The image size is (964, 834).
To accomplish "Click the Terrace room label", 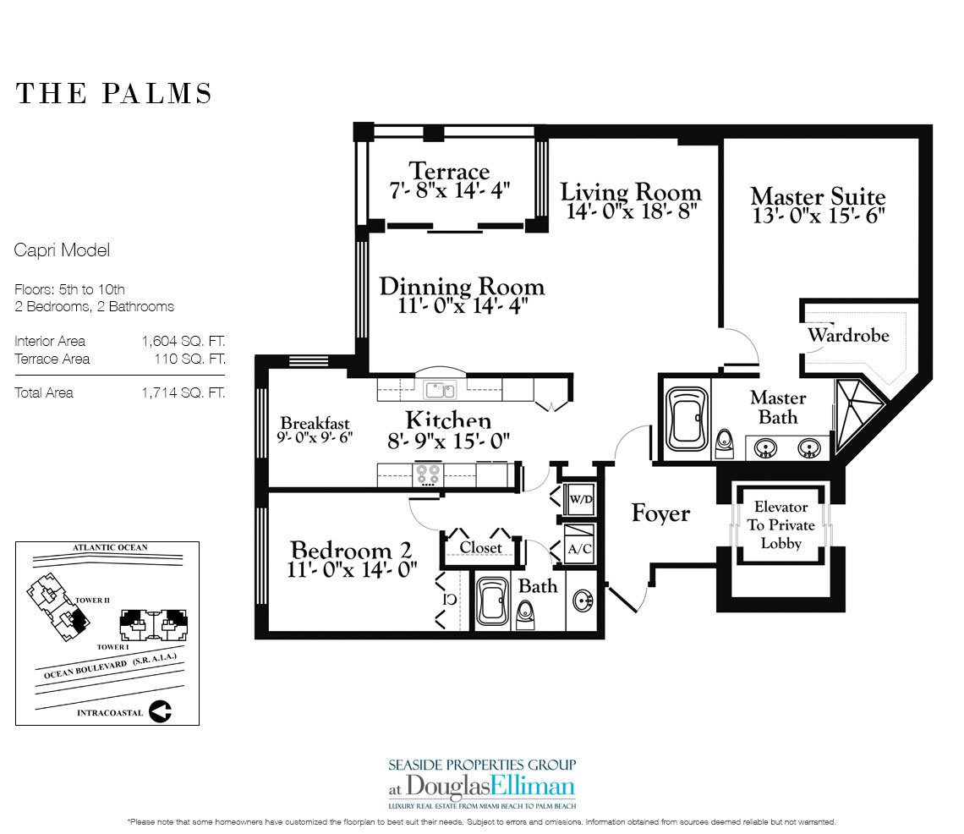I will (449, 170).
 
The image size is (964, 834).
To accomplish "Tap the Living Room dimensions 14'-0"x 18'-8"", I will (631, 211).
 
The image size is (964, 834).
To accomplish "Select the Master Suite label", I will (818, 197).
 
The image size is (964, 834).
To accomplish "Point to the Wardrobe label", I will (847, 335).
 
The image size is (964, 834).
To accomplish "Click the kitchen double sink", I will (439, 390).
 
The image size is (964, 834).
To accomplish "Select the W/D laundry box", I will (580, 500).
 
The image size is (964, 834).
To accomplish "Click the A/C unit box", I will (580, 547).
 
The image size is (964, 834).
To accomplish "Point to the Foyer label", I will (660, 513).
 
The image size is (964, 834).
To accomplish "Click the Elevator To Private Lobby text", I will (781, 525).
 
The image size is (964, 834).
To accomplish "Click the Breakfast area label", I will (315, 423).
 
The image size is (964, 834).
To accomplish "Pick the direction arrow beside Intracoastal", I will (160, 711).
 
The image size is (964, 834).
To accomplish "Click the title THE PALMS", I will (114, 93).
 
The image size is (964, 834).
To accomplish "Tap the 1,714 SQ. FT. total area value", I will (183, 392).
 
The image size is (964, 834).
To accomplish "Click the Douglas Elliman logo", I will (481, 782).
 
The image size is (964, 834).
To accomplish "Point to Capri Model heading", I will (62, 250).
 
